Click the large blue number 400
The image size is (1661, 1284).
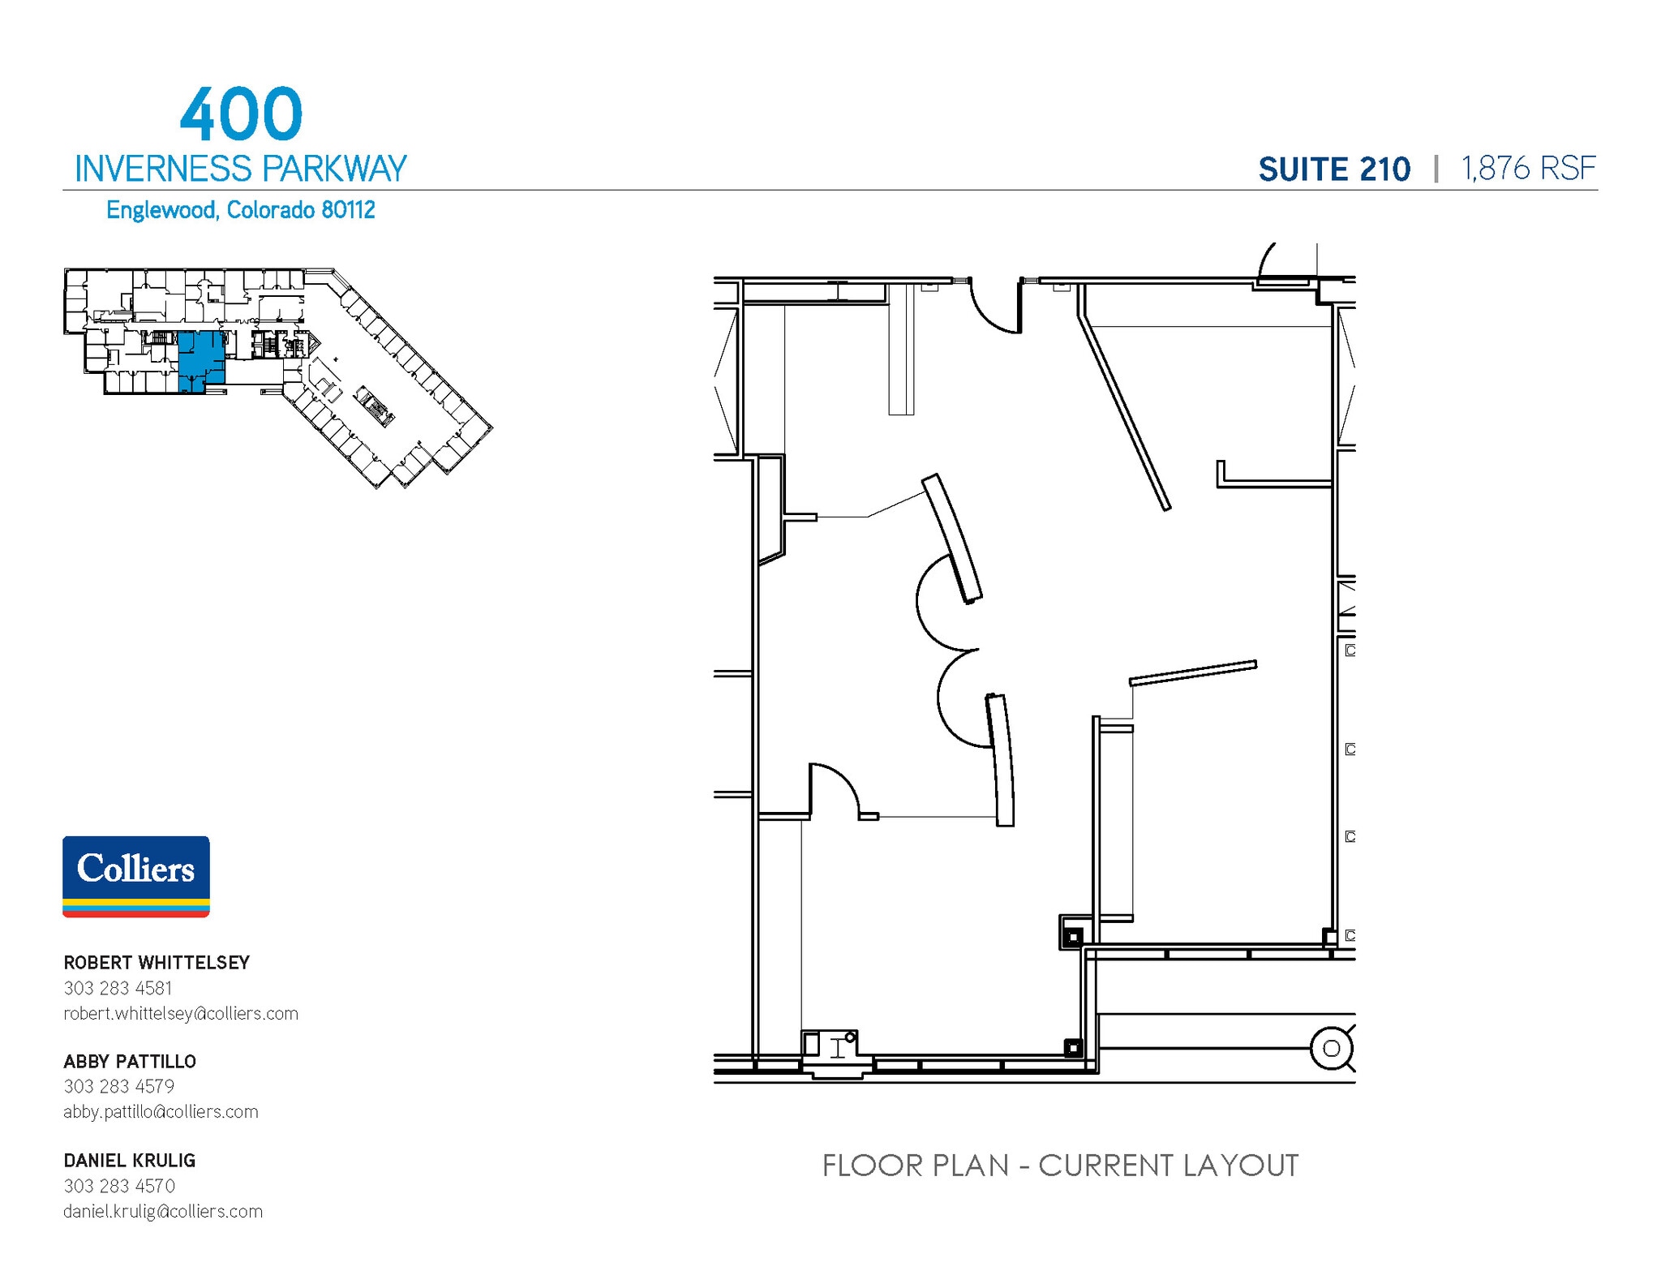point(241,115)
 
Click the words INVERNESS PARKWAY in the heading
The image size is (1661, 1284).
point(240,169)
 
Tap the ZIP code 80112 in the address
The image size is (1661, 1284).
point(348,210)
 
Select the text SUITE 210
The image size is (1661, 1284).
point(1334,170)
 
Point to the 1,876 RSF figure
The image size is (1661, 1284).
point(1528,169)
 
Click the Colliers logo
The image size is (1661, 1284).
point(136,876)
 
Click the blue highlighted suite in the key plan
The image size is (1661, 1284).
point(199,360)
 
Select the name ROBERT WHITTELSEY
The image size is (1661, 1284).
point(157,963)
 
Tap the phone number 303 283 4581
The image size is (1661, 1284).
point(118,988)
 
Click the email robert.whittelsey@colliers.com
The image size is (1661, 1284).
point(181,1013)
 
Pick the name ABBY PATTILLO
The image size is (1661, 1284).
point(130,1062)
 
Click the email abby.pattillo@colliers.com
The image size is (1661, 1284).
point(161,1112)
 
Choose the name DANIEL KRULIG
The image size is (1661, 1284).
point(130,1161)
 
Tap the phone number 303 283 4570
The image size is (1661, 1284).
point(119,1186)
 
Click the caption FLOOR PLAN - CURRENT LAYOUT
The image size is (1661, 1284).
point(1060,1166)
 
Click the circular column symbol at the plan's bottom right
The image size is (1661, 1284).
point(1331,1048)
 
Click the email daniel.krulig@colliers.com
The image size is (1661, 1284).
point(163,1211)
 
